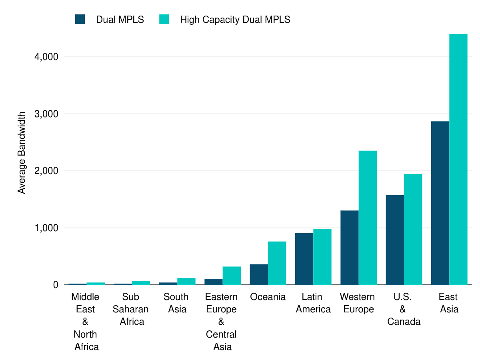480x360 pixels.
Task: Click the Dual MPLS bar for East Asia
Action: pos(440,203)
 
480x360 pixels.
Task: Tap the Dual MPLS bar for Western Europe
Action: pos(349,248)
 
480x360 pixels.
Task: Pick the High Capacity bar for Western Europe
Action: pos(368,218)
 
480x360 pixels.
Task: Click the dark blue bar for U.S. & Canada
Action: pos(395,240)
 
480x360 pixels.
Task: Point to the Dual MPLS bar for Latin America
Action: pos(304,259)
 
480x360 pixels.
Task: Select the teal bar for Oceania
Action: pos(277,263)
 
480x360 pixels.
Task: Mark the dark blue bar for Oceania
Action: pos(259,274)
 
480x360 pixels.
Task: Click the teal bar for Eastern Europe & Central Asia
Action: pos(232,276)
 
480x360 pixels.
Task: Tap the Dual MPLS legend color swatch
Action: pos(80,19)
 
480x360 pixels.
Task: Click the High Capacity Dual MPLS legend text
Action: pos(235,19)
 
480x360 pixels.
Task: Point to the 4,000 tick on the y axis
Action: pos(46,57)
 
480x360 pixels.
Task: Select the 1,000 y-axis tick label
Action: pos(46,228)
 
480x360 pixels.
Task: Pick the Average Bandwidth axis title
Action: pos(22,153)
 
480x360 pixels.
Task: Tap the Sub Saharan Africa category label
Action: pos(131,309)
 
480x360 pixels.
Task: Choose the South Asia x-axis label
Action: pos(176,303)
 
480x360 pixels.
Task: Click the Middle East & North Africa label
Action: pos(86,322)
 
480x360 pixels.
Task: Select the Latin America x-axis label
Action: pos(313,303)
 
